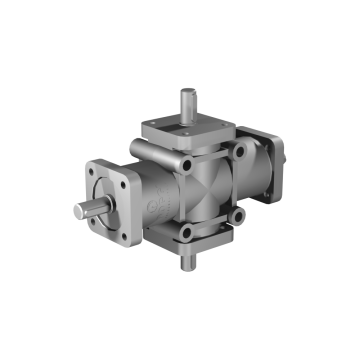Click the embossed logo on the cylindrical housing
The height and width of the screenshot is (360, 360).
[x=152, y=204]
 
